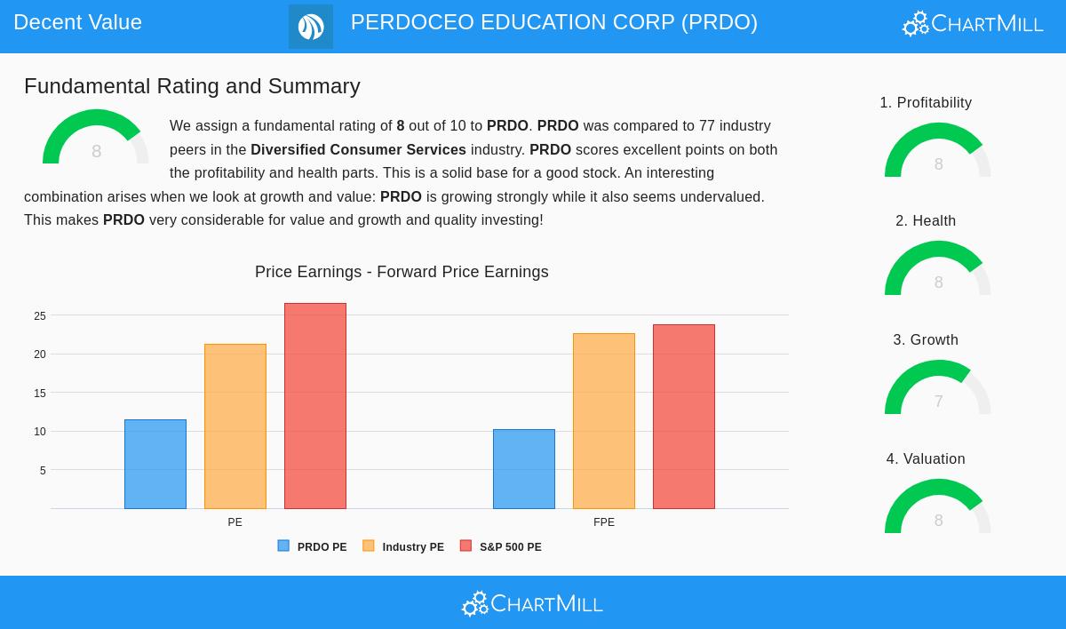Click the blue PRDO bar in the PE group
click(155, 464)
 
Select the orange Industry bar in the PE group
click(235, 426)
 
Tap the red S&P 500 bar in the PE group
click(315, 406)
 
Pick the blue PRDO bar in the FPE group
click(524, 469)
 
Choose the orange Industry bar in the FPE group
click(604, 421)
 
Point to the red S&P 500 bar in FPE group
click(684, 417)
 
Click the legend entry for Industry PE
click(403, 546)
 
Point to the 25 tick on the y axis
click(40, 315)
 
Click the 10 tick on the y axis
click(40, 432)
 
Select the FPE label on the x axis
click(604, 522)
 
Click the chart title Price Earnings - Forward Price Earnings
click(402, 272)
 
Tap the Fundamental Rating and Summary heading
click(192, 86)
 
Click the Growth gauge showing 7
click(938, 389)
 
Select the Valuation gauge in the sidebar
click(938, 508)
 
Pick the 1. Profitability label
click(926, 103)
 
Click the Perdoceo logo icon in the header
click(311, 27)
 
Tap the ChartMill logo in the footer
click(532, 603)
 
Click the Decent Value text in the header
click(77, 22)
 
